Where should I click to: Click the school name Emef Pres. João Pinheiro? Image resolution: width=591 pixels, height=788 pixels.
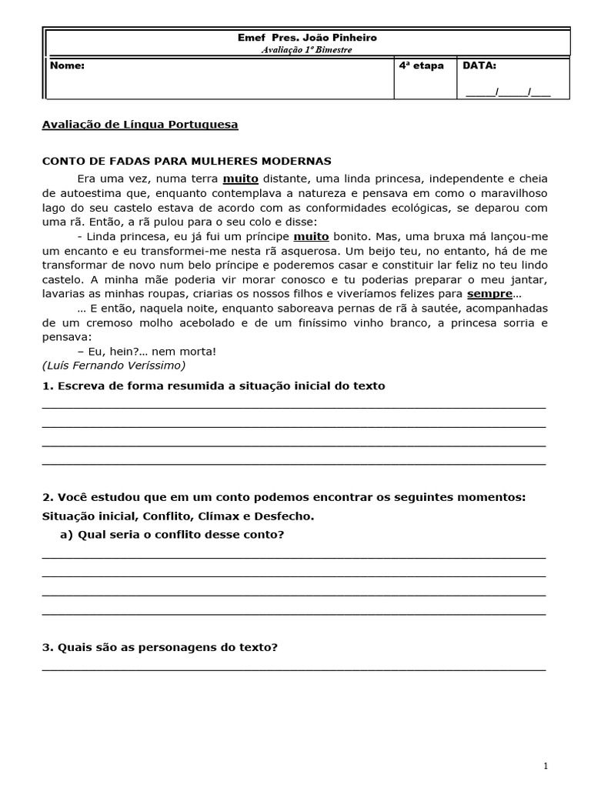pos(306,38)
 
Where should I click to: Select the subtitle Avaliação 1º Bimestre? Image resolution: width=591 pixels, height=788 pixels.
pos(306,49)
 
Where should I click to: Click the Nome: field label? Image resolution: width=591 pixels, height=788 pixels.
pos(67,66)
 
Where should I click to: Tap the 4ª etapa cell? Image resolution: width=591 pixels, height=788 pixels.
pos(421,66)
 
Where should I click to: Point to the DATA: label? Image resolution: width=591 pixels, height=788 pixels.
pos(479,66)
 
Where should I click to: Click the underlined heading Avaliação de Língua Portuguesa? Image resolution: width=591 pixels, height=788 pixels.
pos(139,124)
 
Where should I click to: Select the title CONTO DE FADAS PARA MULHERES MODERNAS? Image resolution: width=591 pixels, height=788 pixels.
pos(186,161)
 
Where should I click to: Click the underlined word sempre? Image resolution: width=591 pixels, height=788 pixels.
pos(489,294)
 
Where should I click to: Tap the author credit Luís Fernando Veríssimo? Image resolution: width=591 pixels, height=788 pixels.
pos(114,365)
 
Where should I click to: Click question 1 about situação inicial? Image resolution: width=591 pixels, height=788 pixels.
pos(213,386)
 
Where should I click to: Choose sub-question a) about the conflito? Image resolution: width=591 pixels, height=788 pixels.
pos(172,534)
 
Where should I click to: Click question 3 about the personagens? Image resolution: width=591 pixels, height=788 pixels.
pos(159,647)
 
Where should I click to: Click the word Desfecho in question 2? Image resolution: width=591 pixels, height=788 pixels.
pos(285,516)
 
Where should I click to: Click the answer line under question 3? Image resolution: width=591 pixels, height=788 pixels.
pos(293,669)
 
